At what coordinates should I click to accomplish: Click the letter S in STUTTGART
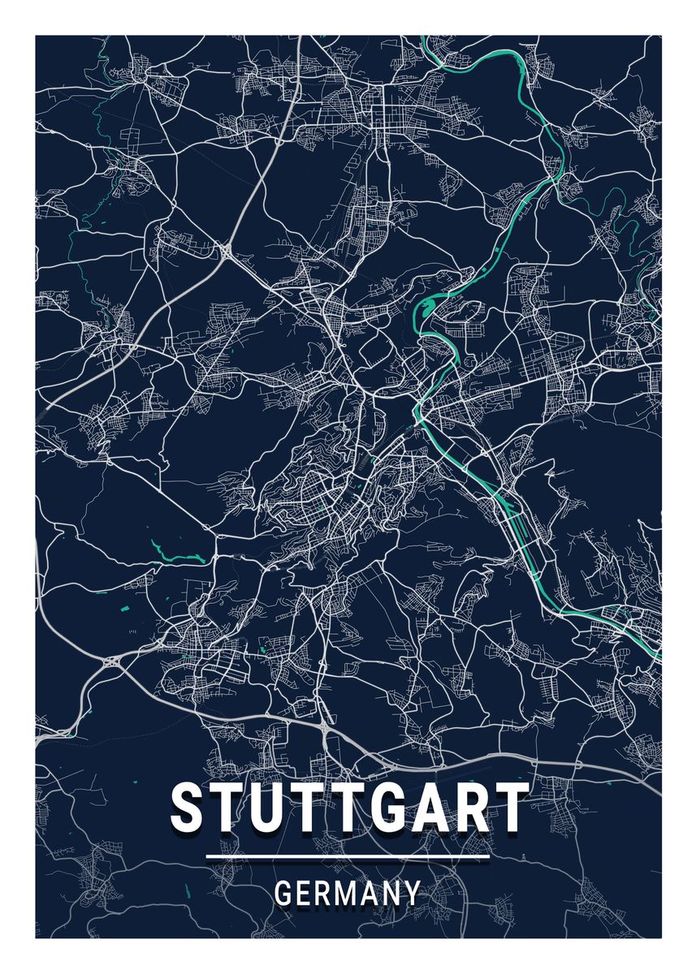tap(187, 807)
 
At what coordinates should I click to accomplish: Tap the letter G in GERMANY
tap(284, 894)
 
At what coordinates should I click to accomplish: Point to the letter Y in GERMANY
tap(413, 894)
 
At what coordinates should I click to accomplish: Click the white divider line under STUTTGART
tap(348, 856)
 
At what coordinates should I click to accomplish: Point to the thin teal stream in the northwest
tap(97, 122)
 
